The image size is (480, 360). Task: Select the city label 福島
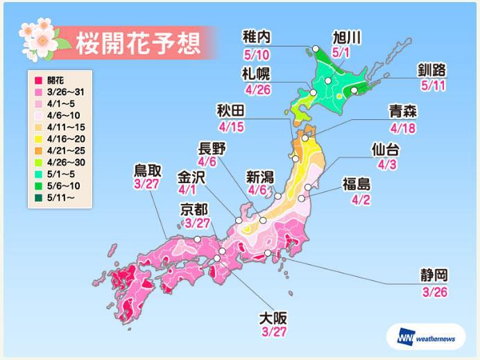pyautogui.click(x=357, y=184)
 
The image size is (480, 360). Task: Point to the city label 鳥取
pyautogui.click(x=150, y=171)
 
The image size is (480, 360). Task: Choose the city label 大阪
pyautogui.click(x=271, y=320)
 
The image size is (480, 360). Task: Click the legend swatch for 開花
pyautogui.click(x=32, y=78)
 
